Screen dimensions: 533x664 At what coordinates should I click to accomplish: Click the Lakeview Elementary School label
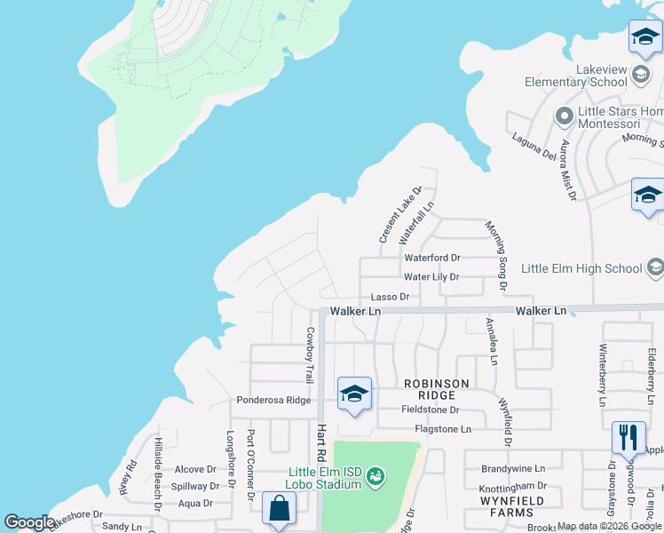[x=575, y=76]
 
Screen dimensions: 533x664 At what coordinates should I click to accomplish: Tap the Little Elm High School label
[x=581, y=268]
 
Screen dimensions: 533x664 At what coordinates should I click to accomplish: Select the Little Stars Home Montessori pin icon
[x=562, y=116]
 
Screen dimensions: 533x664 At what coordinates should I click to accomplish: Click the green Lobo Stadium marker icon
[x=375, y=477]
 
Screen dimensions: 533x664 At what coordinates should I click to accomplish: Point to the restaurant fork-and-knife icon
[x=628, y=436]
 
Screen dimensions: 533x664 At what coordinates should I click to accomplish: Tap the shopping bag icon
[x=279, y=509]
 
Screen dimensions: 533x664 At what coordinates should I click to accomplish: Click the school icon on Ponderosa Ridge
[x=353, y=393]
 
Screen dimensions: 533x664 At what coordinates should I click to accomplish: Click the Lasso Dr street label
[x=391, y=297]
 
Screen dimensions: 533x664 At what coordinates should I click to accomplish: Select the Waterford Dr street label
[x=432, y=258]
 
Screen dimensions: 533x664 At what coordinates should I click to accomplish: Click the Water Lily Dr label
[x=431, y=277]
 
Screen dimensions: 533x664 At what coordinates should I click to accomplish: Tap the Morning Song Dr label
[x=494, y=256]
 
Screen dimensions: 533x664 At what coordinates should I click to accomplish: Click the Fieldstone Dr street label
[x=430, y=410]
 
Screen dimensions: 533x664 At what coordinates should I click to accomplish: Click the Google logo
[x=29, y=522]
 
